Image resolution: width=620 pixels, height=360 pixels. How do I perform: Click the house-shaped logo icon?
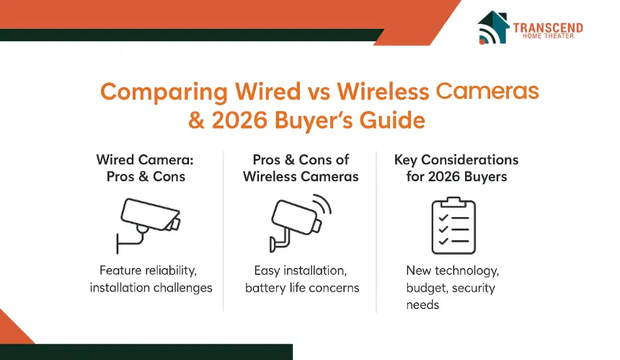(x=493, y=27)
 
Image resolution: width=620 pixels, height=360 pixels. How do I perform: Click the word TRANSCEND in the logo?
(x=548, y=28)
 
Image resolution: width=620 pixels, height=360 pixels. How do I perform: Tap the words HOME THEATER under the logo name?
(x=548, y=36)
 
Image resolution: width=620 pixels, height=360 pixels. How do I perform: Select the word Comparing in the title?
(x=164, y=92)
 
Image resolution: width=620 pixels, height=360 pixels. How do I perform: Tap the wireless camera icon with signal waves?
(x=301, y=223)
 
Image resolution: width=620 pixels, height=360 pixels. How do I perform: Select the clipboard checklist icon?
(x=453, y=226)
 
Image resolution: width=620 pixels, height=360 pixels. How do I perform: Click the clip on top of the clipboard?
(x=453, y=202)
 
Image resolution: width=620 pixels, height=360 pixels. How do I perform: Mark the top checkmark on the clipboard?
(x=443, y=218)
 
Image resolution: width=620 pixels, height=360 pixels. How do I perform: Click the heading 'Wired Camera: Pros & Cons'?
(x=146, y=168)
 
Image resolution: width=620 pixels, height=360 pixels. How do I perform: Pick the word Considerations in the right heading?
(x=470, y=160)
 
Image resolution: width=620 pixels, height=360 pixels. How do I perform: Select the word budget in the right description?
(x=428, y=288)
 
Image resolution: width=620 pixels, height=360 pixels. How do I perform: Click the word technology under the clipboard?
(x=466, y=271)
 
